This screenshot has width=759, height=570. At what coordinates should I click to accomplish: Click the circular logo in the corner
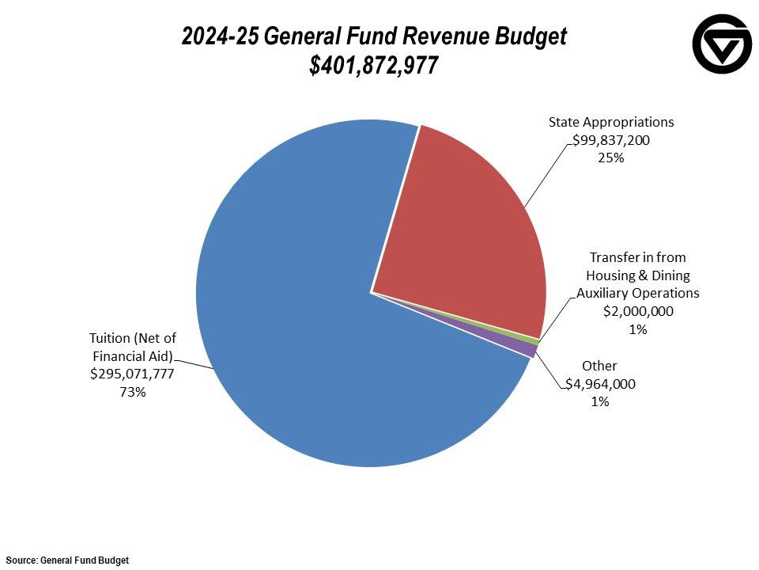click(722, 44)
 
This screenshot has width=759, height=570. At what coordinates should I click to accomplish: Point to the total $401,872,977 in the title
click(374, 66)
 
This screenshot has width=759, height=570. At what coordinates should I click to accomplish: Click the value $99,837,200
click(611, 140)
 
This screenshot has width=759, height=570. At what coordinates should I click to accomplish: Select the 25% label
click(611, 158)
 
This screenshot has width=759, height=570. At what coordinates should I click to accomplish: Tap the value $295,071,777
click(133, 374)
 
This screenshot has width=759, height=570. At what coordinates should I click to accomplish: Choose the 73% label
click(133, 392)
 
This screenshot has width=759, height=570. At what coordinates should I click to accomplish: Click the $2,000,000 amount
click(638, 311)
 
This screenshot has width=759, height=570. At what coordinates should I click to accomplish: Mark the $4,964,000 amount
click(600, 384)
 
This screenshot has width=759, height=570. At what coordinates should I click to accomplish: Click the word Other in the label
click(599, 366)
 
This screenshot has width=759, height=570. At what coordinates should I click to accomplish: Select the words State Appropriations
click(611, 122)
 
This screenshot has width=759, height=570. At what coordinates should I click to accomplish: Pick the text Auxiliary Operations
click(638, 293)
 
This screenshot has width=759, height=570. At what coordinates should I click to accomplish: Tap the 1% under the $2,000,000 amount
click(638, 329)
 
